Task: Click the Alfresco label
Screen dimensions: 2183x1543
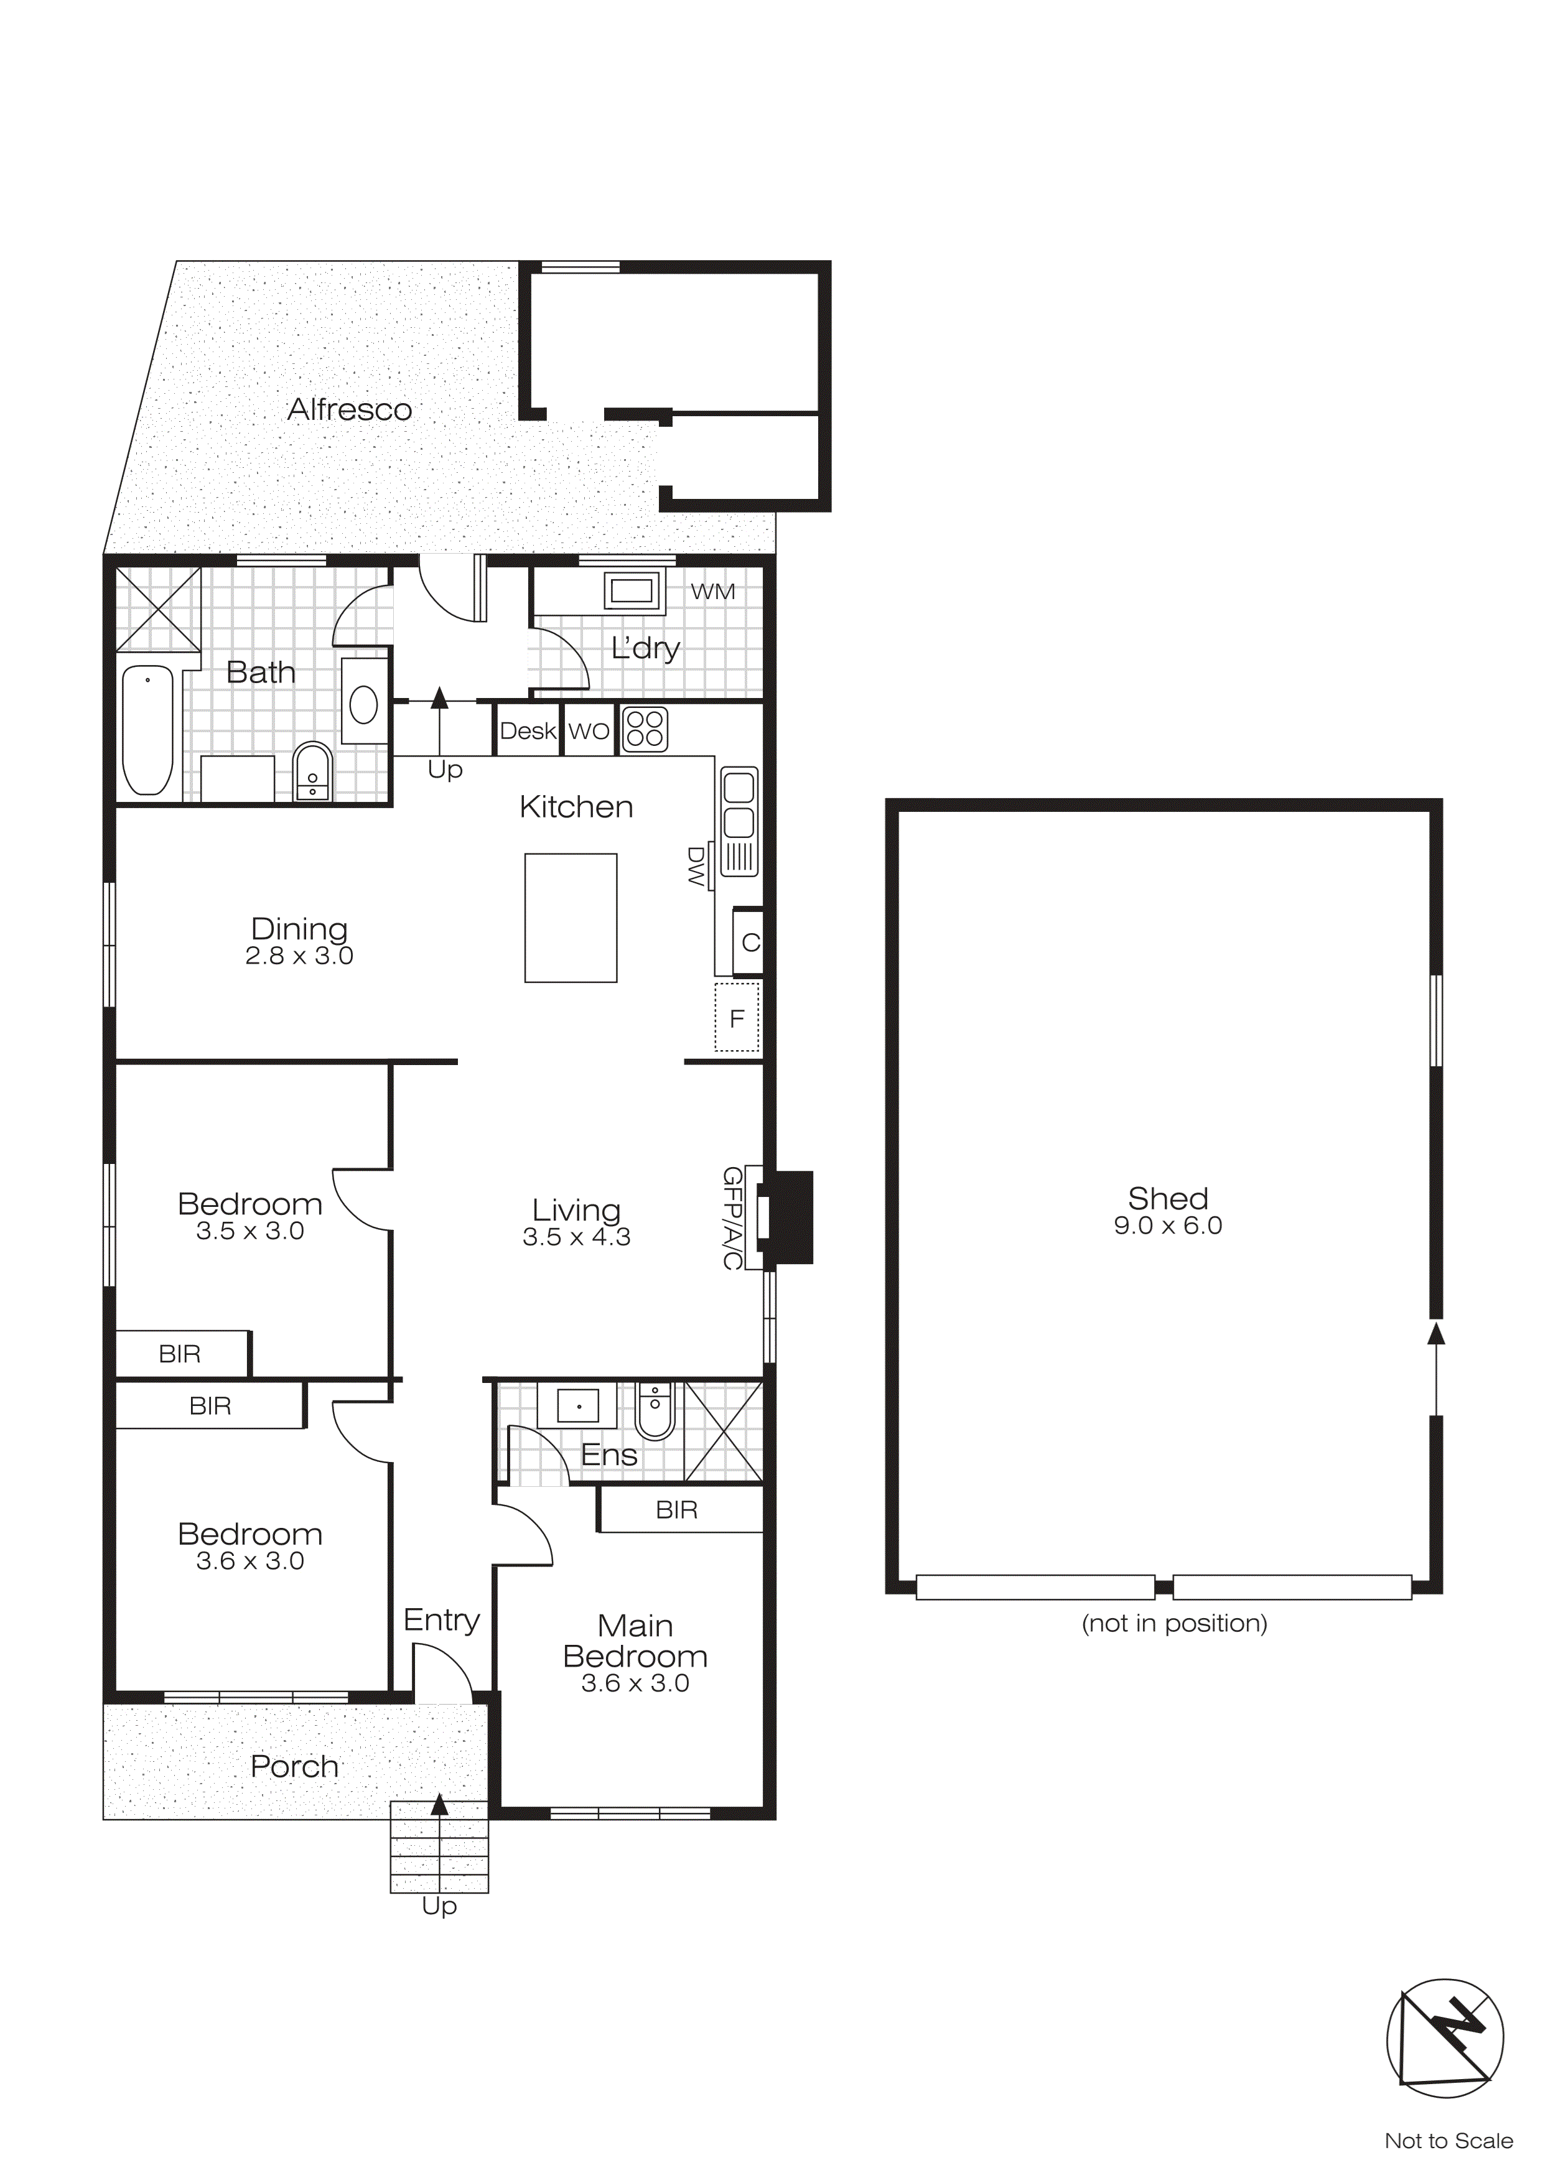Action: click(349, 410)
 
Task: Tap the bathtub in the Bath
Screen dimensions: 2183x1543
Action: click(147, 730)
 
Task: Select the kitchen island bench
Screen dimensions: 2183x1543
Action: click(571, 918)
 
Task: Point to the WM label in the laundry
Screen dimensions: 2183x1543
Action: click(712, 592)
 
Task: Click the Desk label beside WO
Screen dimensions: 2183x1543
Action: click(528, 731)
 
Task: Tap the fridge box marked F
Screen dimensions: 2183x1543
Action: click(737, 1019)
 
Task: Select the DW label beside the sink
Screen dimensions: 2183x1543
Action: click(696, 866)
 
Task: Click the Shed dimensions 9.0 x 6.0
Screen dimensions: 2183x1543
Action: click(1167, 1226)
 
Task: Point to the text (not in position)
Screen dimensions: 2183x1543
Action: click(1174, 1623)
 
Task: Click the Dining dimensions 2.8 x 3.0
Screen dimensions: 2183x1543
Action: click(299, 956)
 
